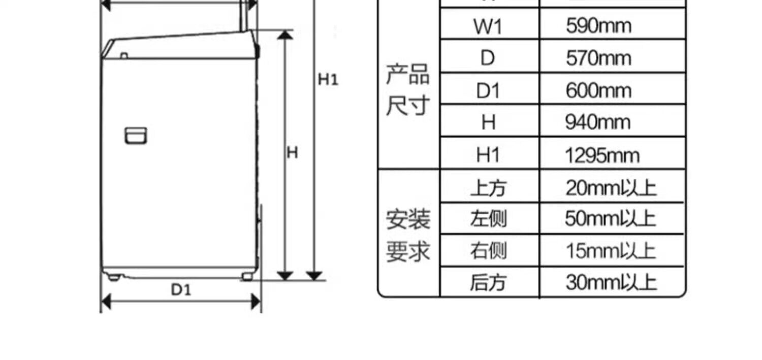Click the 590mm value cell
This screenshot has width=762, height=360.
tap(598, 25)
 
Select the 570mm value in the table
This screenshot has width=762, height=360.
tap(598, 58)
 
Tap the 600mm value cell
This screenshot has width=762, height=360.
tap(598, 90)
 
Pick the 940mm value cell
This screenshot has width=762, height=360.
tap(598, 122)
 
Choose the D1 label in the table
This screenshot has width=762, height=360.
tap(488, 91)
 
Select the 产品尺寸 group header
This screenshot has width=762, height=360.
tap(408, 90)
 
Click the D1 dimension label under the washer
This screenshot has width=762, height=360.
tap(181, 290)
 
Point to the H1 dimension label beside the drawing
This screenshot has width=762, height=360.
tap(328, 79)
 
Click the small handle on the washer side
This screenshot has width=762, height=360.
tap(136, 136)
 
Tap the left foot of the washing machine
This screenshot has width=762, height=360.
tap(114, 277)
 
